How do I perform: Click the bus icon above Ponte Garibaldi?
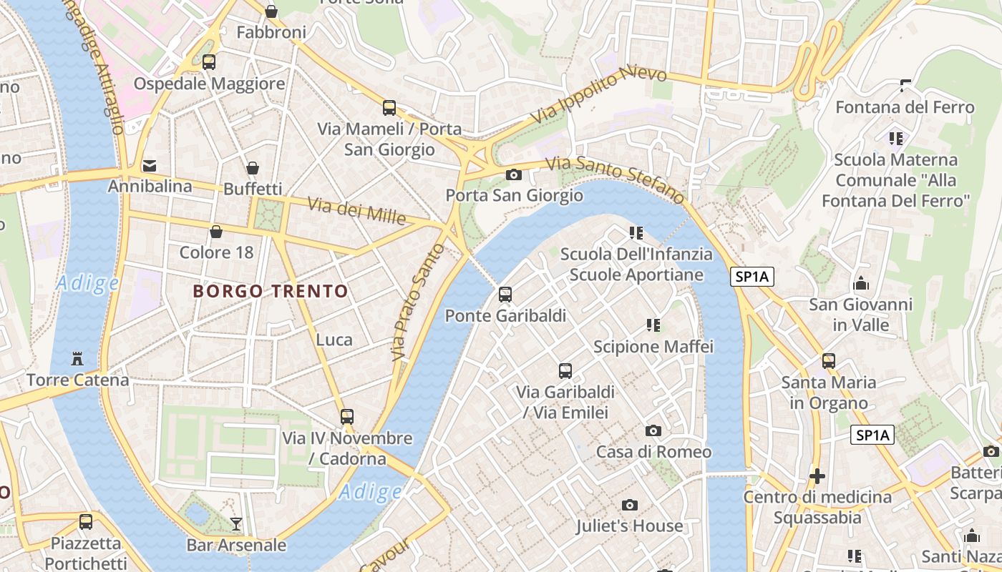pos(505,294)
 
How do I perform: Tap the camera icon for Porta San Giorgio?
pos(513,174)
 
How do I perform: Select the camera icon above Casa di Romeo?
pos(653,430)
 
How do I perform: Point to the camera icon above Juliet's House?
pos(630,506)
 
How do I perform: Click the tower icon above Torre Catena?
pos(77,358)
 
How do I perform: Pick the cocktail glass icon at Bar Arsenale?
pos(235,524)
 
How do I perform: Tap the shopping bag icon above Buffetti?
pos(253,168)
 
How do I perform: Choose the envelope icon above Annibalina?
pos(150,166)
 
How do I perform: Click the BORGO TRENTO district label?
pos(271,291)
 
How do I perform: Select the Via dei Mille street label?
pos(356,210)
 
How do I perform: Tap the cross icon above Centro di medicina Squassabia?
pos(817,475)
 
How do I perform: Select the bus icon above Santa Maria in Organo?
pos(829,361)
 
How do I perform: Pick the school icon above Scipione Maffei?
pos(653,325)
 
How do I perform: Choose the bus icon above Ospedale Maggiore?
pos(209,62)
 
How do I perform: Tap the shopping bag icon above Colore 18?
pos(215,232)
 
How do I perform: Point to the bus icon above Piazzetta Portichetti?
pos(86,522)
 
